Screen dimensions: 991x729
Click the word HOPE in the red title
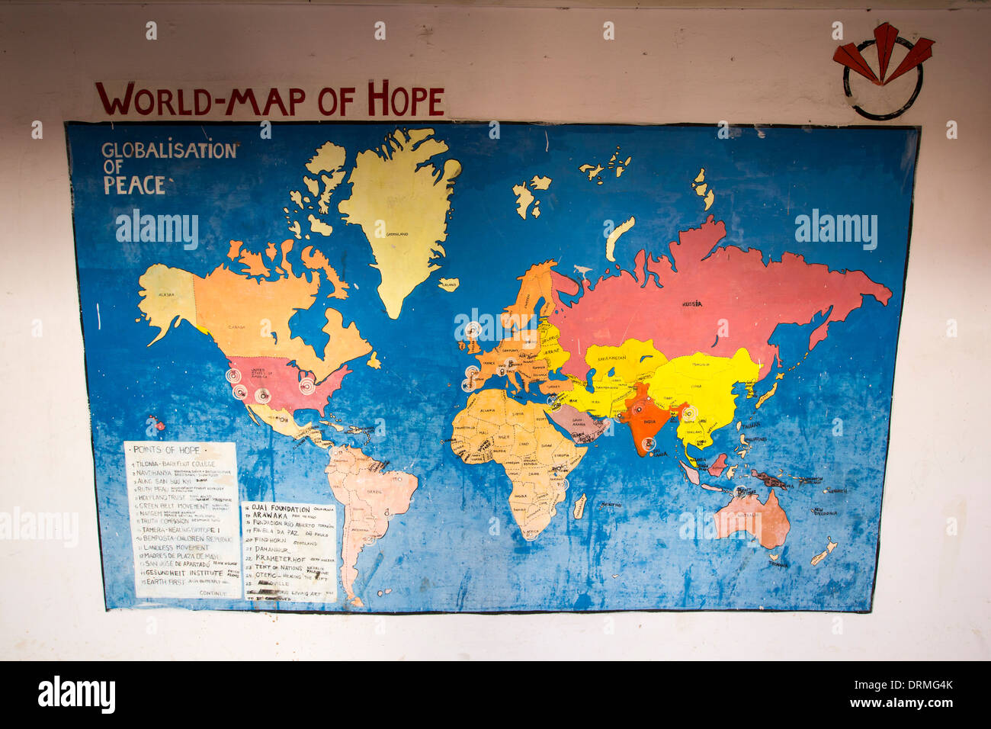pos(406,100)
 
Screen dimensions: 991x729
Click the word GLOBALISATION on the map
pos(169,150)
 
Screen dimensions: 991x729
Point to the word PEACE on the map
pos(134,185)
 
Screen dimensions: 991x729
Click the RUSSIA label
pos(691,304)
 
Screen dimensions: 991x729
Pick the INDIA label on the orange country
pos(649,420)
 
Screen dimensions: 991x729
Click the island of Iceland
pos(449,284)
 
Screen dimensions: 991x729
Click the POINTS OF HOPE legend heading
pos(166,450)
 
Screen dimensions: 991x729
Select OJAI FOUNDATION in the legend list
pos(280,509)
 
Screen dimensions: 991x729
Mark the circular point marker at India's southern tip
pos(649,443)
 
